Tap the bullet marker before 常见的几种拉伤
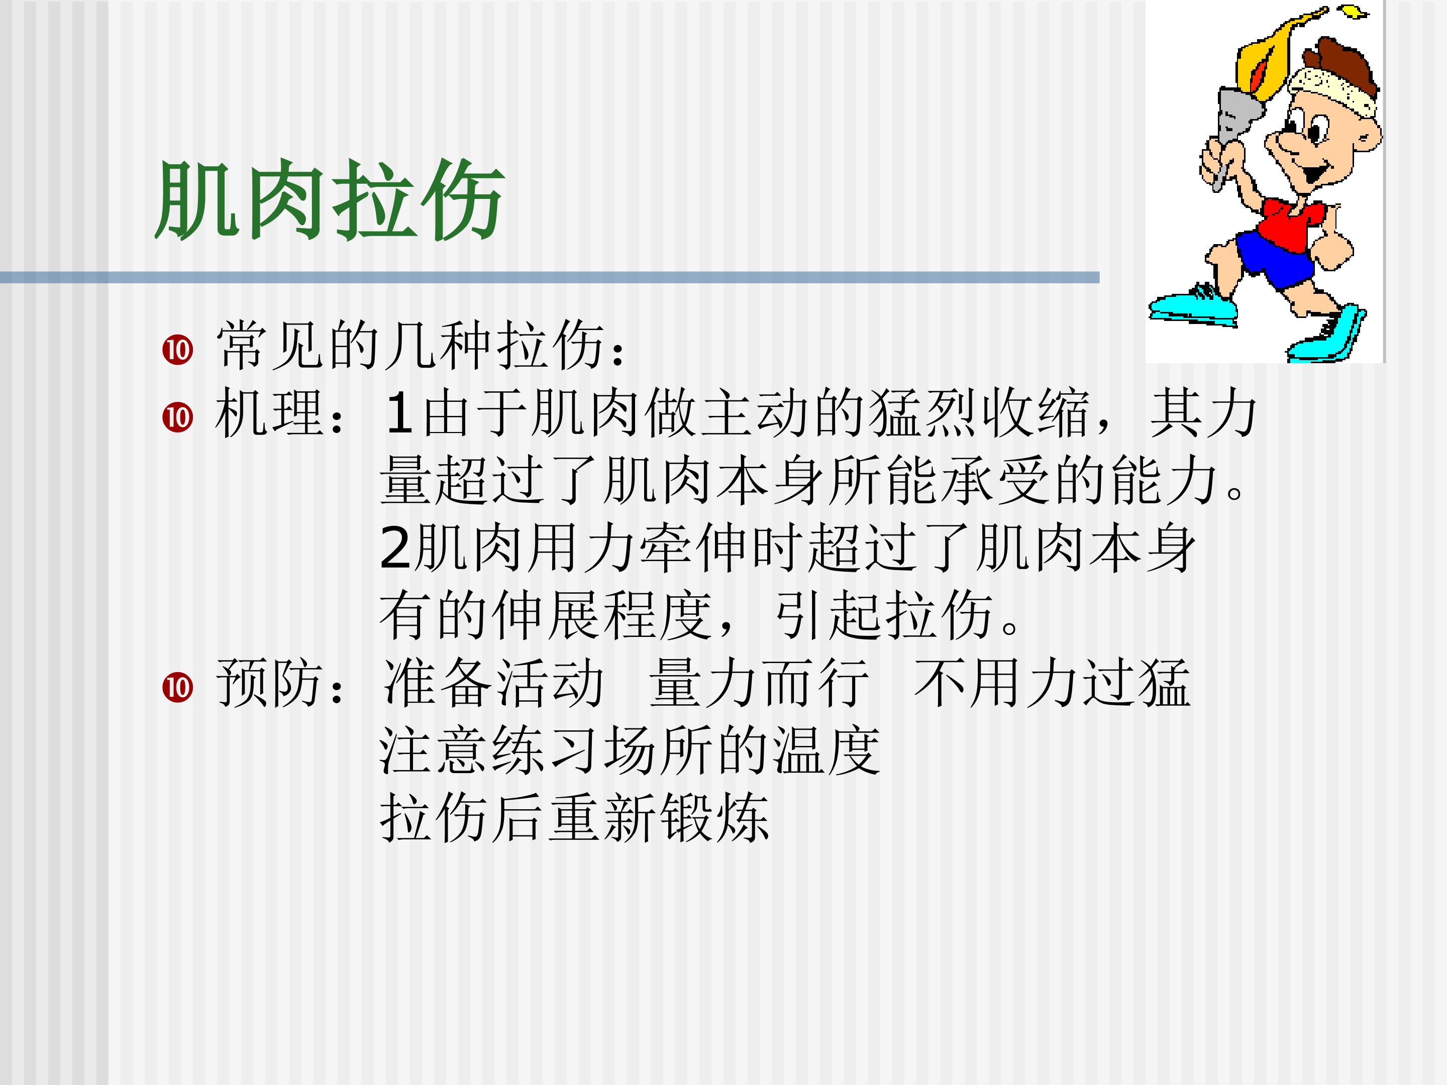click(178, 350)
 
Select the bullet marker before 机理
click(178, 417)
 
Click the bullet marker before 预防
click(178, 687)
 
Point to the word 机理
click(268, 413)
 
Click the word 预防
click(268, 684)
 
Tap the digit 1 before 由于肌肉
click(398, 413)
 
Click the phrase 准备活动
click(493, 684)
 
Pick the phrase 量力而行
click(759, 684)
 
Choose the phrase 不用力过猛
click(1052, 684)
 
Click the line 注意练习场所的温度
click(630, 751)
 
